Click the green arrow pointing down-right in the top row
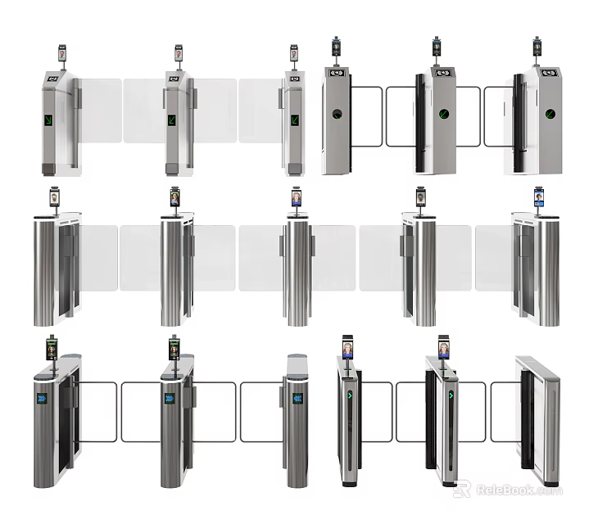point(49,121)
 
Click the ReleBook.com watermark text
point(515,490)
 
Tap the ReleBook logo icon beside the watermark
point(462,489)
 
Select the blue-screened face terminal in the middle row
point(538,196)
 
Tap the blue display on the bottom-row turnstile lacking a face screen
point(297,399)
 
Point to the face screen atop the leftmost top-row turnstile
point(62,53)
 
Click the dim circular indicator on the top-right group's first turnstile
point(336,115)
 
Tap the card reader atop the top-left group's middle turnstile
point(173,79)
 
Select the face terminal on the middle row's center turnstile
point(296,197)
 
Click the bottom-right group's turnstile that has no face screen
point(541,422)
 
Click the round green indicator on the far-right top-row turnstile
point(550,113)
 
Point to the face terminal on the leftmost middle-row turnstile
point(55,197)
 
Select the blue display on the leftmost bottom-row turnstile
point(42,399)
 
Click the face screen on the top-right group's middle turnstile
point(436,47)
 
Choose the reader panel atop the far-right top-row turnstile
point(550,71)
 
